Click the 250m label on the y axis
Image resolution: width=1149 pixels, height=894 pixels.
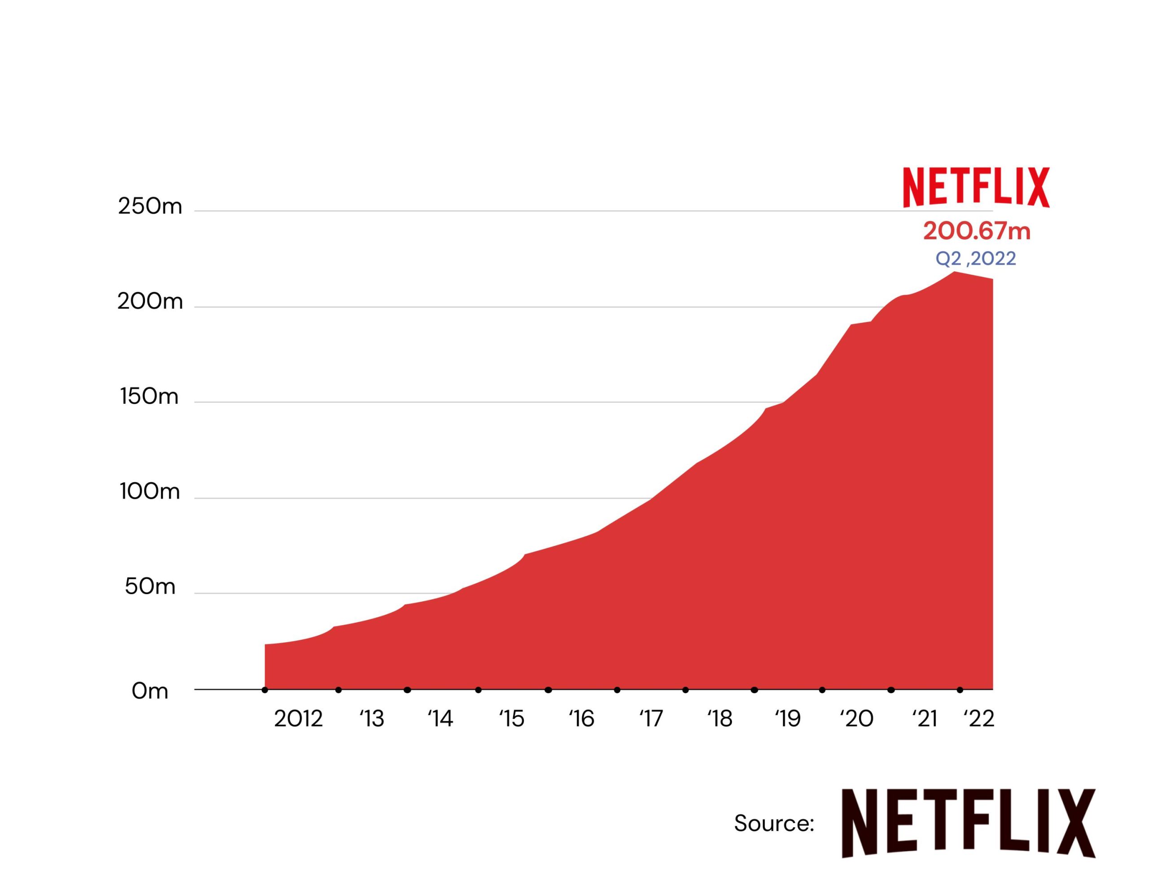150,206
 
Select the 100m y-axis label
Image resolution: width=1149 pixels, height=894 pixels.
150,492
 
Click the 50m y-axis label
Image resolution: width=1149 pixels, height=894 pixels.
150,586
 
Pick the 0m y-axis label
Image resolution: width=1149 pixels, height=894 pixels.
150,691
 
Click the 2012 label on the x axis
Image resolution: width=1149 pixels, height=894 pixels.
298,719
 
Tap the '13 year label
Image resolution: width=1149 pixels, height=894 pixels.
372,719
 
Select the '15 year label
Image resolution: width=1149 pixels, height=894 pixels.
512,719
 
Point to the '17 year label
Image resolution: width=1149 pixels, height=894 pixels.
651,719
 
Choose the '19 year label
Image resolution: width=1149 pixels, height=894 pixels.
788,719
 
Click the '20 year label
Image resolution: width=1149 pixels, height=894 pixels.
856,719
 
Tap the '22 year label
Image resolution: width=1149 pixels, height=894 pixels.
978,719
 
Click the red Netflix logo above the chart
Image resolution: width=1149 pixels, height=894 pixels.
977,187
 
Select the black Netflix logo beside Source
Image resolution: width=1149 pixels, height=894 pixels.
968,824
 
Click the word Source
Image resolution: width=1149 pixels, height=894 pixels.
774,823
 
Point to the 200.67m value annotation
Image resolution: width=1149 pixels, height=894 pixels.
977,232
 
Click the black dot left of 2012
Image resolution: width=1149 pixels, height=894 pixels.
265,690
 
